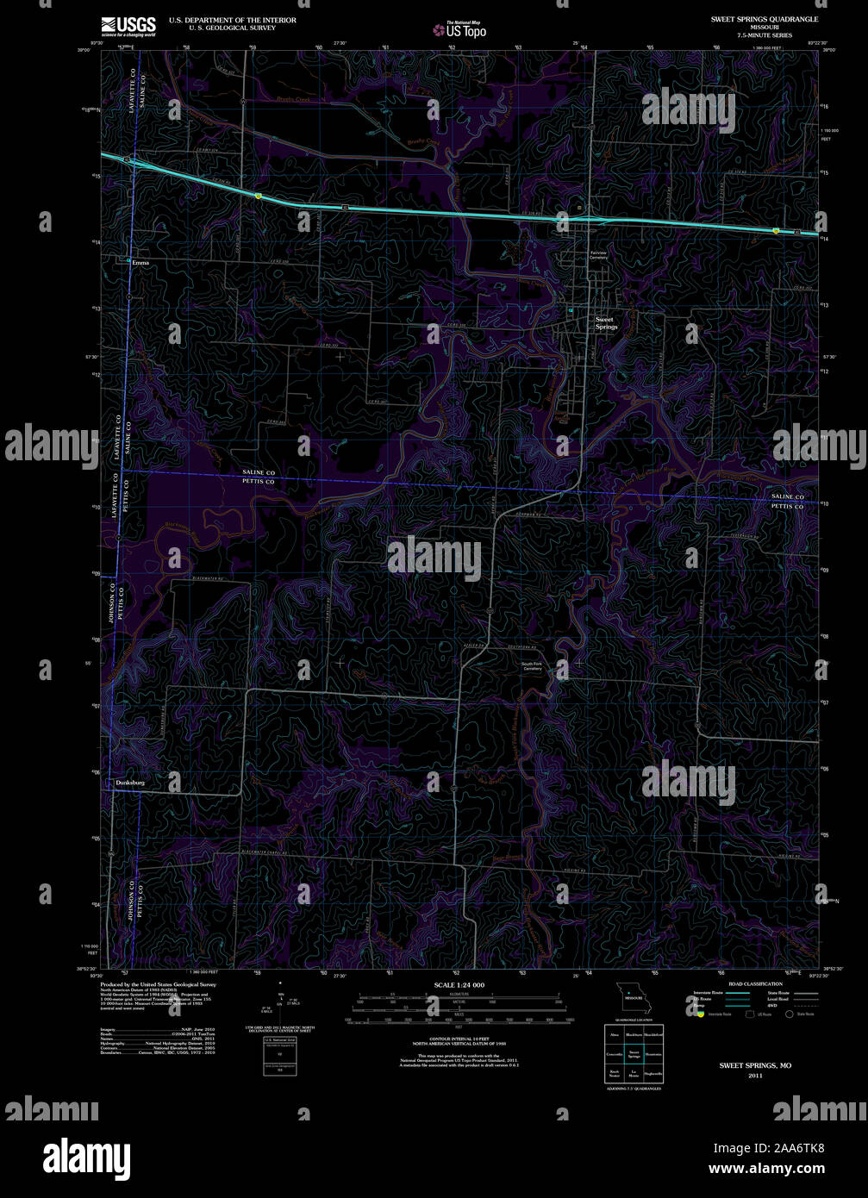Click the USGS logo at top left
click(128, 26)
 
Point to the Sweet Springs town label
click(606, 323)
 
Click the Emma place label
click(141, 262)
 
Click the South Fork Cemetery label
click(531, 665)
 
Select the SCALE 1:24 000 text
click(459, 984)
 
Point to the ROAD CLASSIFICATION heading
click(755, 983)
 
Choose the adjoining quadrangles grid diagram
click(634, 1053)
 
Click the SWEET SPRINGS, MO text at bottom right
click(755, 1065)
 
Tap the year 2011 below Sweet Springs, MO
click(755, 1076)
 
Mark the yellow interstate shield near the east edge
click(776, 230)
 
